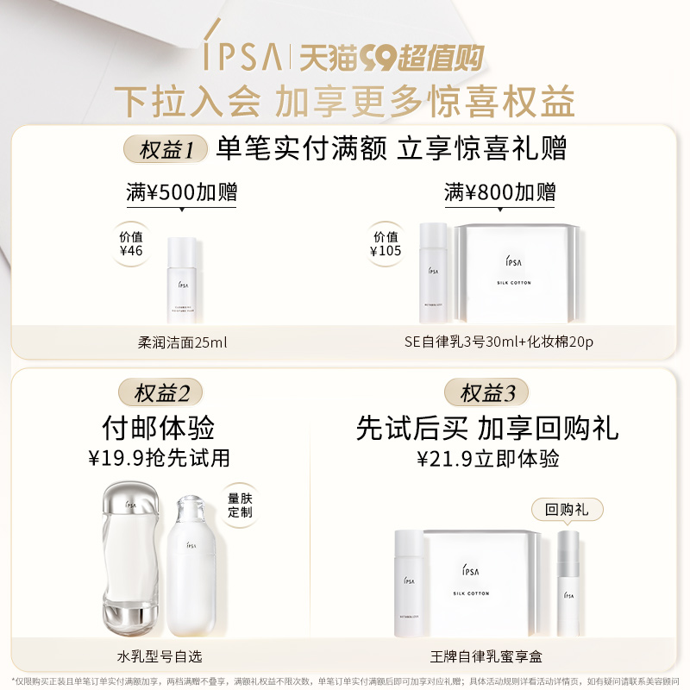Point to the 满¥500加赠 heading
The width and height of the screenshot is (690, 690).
(x=182, y=192)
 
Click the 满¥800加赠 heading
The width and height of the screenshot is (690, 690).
(x=499, y=192)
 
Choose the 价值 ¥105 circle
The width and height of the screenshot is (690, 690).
(x=386, y=244)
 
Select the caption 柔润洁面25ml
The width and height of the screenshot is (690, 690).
(x=183, y=342)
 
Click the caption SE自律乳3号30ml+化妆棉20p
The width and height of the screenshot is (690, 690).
(x=499, y=342)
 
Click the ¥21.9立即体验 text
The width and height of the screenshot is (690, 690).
(x=487, y=458)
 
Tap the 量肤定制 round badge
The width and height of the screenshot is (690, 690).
(x=239, y=504)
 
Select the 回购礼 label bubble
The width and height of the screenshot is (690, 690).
(x=567, y=510)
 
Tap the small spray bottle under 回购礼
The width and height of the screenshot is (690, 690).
(x=568, y=574)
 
